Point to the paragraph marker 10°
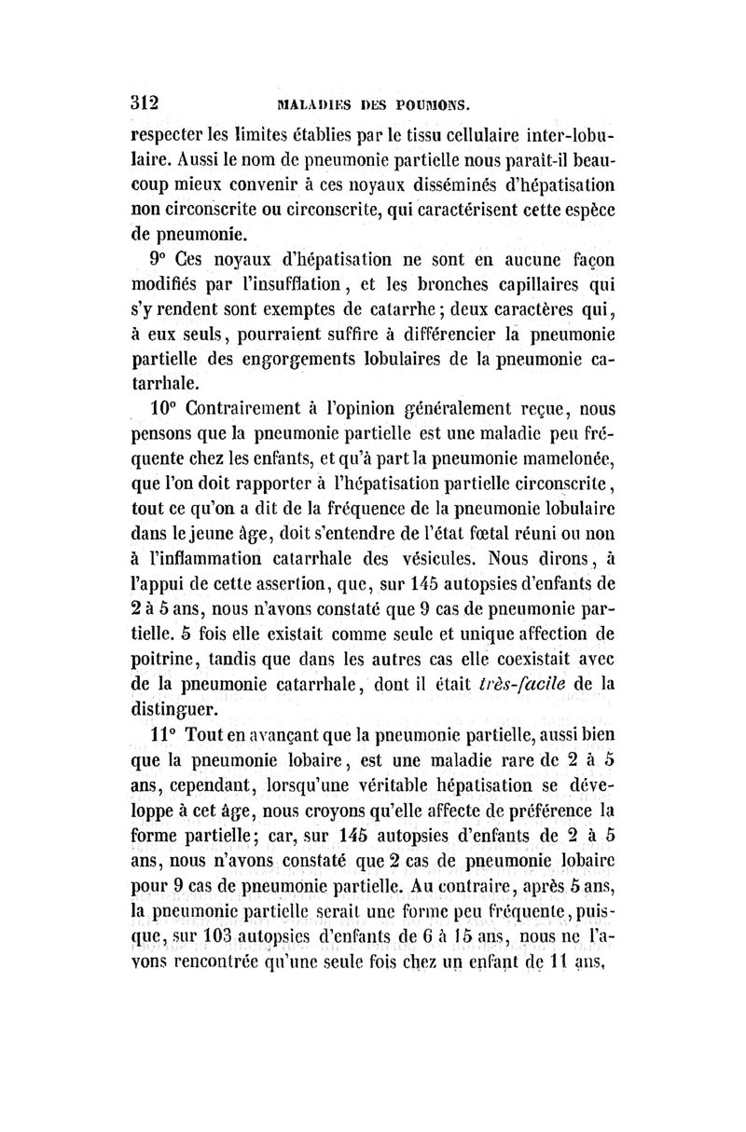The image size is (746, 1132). pyautogui.click(x=165, y=406)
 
